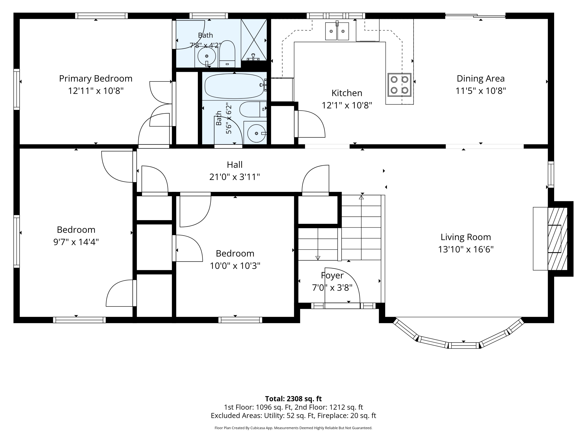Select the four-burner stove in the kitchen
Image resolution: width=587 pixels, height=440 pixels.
tap(399, 85)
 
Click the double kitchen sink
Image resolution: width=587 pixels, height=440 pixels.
tap(337, 31)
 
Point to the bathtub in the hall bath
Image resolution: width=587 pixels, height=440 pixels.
tap(235, 86)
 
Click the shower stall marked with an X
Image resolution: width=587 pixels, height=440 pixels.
tap(254, 40)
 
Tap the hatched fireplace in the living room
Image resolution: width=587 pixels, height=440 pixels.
tap(557, 239)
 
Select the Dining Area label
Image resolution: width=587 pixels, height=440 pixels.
tap(481, 78)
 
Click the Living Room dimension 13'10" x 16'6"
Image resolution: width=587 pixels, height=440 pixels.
tap(466, 250)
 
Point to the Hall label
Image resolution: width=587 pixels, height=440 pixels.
tap(235, 165)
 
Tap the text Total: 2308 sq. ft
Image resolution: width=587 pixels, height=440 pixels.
tap(293, 399)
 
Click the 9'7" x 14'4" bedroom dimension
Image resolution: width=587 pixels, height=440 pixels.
tap(76, 242)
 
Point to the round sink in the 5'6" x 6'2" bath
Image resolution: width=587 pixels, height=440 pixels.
tap(256, 133)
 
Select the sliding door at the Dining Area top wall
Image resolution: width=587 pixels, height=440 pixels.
tap(475, 16)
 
